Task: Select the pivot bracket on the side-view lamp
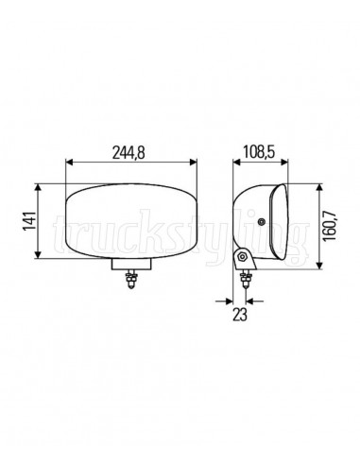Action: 244,258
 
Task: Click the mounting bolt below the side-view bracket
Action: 248,280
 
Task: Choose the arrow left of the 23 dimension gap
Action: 231,301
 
